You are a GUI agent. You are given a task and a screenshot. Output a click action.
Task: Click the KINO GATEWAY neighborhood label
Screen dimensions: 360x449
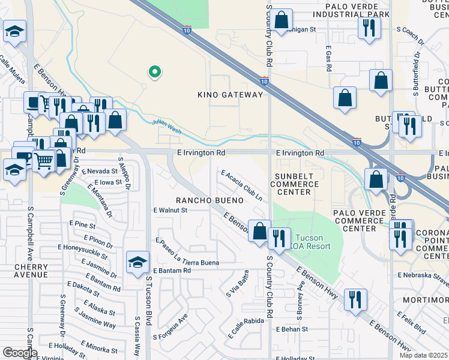231,95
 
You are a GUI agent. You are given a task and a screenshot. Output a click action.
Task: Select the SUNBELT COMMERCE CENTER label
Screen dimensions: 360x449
294,184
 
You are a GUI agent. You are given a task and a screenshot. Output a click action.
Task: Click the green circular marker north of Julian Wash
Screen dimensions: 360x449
154,73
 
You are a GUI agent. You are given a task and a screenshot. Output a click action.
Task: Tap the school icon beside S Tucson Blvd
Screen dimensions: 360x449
137,262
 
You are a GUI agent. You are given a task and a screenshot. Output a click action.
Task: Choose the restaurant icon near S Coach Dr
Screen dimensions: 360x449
369,28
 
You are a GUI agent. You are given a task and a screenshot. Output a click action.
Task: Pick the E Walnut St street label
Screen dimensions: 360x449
170,211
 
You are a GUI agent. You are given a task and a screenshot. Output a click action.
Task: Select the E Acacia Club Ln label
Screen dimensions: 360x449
242,185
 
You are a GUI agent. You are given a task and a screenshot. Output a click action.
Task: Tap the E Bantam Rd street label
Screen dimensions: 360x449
172,271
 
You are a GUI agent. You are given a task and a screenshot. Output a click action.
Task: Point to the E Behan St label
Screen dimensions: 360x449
292,329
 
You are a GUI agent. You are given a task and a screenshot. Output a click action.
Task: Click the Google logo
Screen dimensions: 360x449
20,353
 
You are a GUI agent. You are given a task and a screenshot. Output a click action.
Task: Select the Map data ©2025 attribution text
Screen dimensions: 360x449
423,355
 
